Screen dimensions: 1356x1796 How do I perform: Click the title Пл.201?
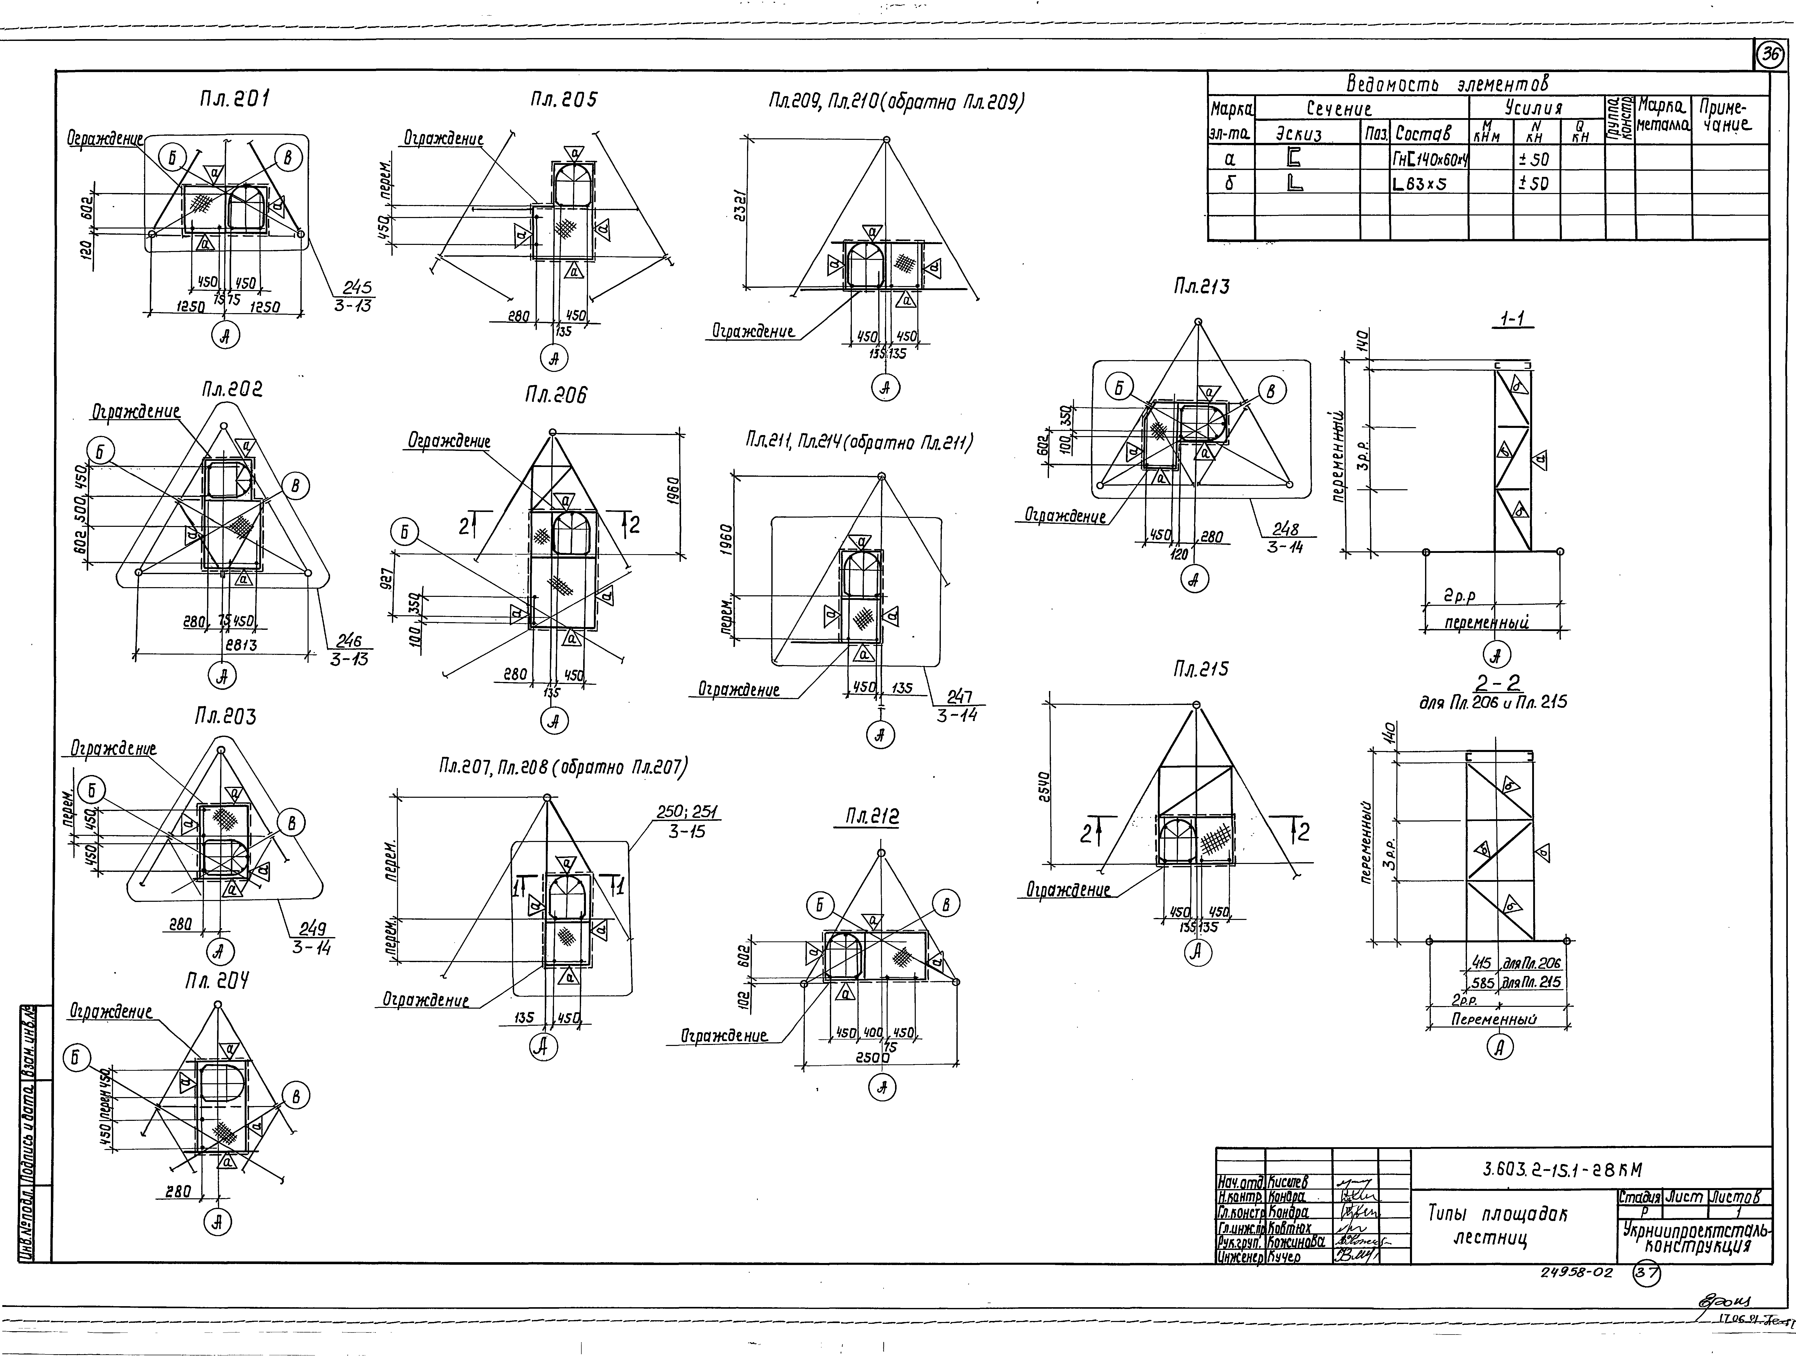click(x=235, y=99)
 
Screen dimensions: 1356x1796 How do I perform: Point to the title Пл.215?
click(x=1201, y=669)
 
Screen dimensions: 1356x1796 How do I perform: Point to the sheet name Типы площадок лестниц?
click(x=1497, y=1226)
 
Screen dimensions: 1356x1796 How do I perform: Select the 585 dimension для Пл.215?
click(x=1483, y=983)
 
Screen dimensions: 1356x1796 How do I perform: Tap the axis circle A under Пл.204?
click(x=218, y=1222)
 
